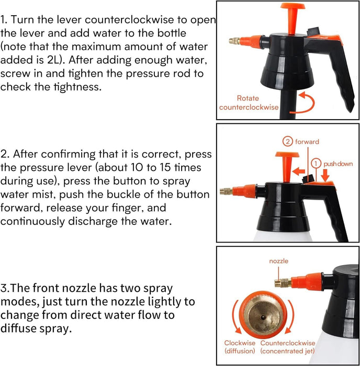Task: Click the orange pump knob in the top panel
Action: point(292,19)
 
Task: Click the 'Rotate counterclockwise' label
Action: point(249,102)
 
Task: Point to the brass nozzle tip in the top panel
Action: point(234,41)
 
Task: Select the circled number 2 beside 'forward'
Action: point(288,142)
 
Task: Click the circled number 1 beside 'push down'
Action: point(316,164)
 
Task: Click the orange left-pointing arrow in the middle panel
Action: point(298,171)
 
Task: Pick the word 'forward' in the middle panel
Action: point(307,142)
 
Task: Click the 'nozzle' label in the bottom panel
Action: point(278,261)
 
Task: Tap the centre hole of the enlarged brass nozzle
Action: point(263,317)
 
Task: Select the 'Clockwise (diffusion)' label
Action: point(240,347)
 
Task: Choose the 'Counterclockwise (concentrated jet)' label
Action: point(288,347)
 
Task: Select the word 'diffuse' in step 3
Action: point(18,328)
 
